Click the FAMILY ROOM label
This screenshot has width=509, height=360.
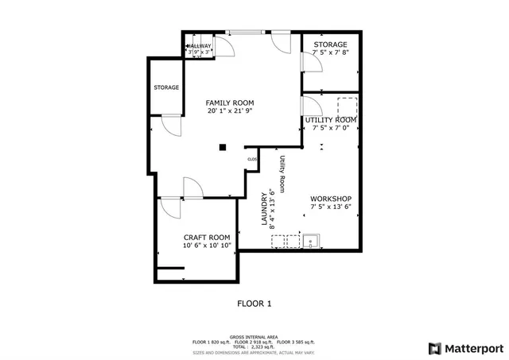[x=229, y=103]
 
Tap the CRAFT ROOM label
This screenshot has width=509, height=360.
[x=207, y=237]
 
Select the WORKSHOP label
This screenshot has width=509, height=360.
[x=331, y=198]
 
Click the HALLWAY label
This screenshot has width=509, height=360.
[x=200, y=46]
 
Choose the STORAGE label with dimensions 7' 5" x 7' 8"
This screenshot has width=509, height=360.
[x=330, y=45]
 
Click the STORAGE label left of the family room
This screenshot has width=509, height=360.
[x=166, y=87]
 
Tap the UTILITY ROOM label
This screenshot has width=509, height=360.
[x=331, y=119]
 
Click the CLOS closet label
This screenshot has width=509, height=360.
[x=252, y=159]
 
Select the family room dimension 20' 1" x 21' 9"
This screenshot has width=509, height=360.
[x=229, y=111]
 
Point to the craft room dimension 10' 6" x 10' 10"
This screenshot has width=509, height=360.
[x=207, y=246]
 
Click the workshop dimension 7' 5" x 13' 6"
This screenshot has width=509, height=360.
[x=331, y=207]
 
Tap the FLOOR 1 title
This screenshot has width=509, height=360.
[x=254, y=303]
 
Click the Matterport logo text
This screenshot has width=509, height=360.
[x=472, y=347]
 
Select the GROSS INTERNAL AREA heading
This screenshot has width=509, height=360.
[x=254, y=337]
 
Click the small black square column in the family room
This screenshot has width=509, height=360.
[x=223, y=146]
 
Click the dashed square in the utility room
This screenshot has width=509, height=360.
[x=348, y=106]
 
